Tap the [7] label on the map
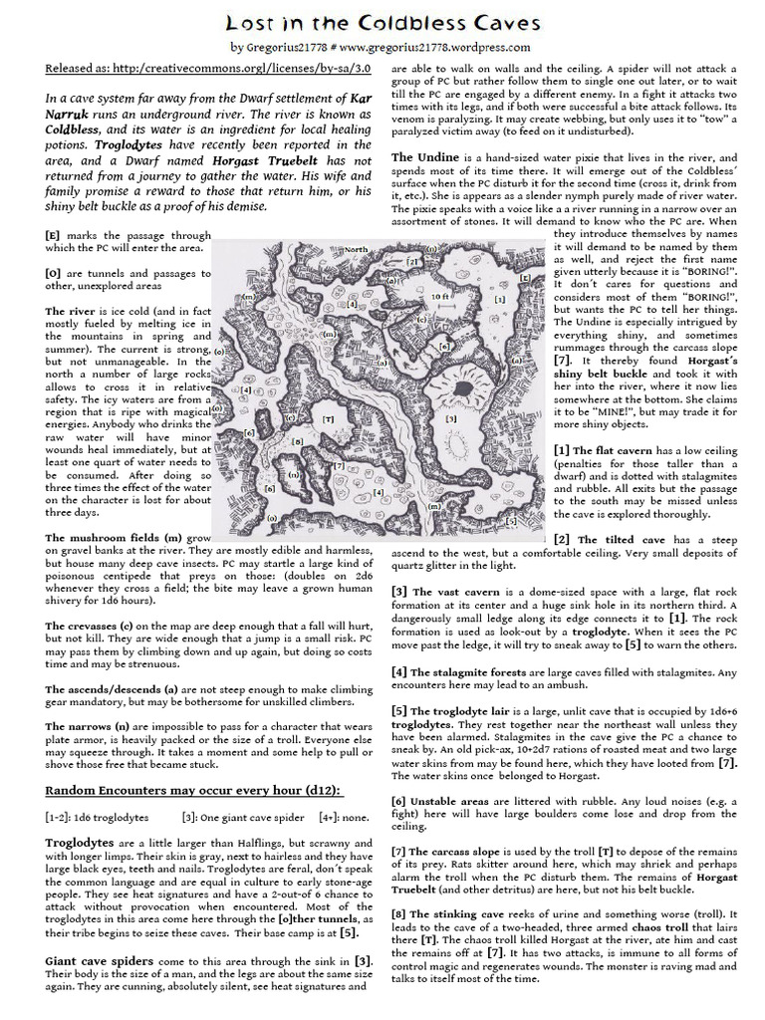(339, 465)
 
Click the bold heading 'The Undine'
(425, 157)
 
